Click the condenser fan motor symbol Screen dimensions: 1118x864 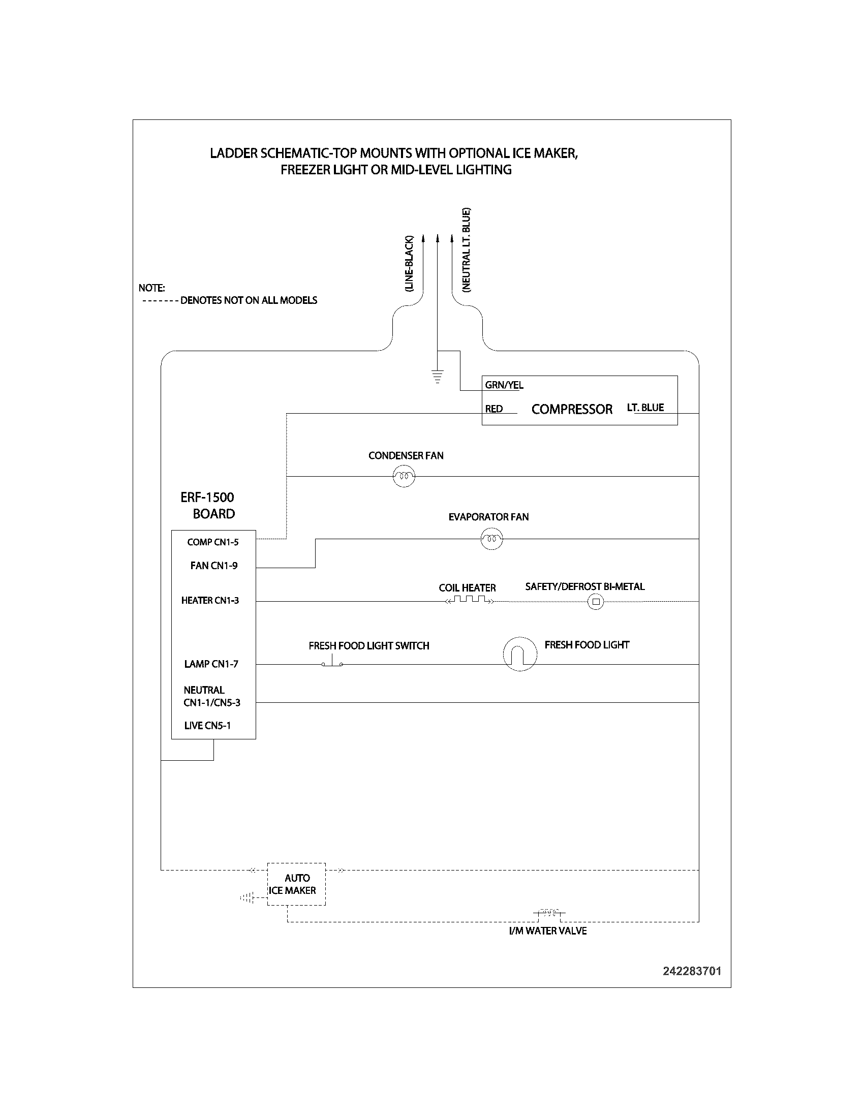point(404,477)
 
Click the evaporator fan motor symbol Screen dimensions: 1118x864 point(491,539)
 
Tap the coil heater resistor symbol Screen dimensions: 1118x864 point(470,601)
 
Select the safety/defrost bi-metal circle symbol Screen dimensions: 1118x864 point(596,602)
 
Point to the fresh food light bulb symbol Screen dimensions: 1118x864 point(520,654)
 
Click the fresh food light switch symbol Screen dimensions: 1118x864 point(332,662)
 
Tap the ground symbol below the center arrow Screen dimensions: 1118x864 point(437,376)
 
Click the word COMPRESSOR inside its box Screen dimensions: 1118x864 point(572,409)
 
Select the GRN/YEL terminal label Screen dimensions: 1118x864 point(504,385)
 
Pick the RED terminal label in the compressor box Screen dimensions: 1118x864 point(494,409)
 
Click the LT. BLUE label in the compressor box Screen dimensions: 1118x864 point(645,408)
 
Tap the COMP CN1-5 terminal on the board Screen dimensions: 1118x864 point(213,542)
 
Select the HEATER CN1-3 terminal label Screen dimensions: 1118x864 point(210,600)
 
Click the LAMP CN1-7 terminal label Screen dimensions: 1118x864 point(211,664)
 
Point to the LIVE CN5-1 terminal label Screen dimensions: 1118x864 point(207,725)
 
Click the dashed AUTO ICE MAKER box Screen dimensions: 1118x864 point(296,884)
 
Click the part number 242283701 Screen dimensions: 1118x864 point(692,971)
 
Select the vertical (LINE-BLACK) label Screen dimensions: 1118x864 point(409,264)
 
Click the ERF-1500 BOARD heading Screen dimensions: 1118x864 point(208,505)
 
